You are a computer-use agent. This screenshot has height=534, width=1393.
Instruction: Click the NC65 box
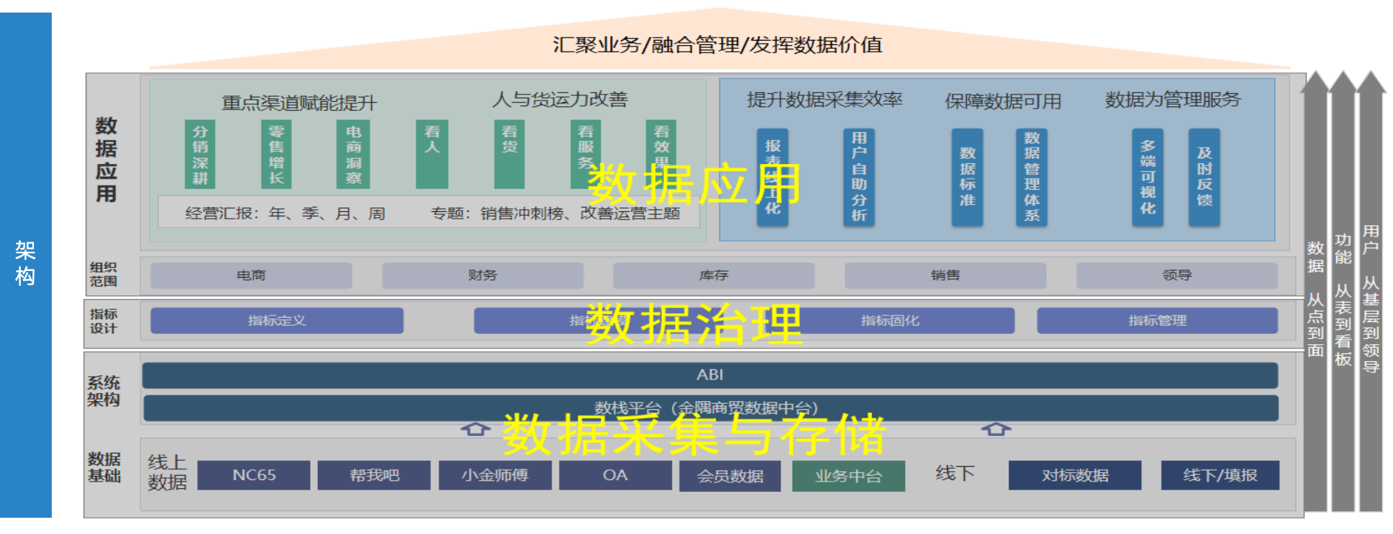(x=254, y=475)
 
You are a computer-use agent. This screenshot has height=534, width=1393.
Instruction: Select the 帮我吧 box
(x=374, y=475)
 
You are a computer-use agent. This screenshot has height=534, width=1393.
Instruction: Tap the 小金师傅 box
(x=495, y=475)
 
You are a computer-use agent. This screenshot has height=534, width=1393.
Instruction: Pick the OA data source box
(x=615, y=475)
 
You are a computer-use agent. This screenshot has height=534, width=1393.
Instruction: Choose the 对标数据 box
(x=1075, y=475)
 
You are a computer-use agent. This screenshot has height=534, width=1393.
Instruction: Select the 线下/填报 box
(x=1220, y=475)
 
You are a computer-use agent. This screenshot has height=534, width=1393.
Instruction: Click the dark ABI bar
(x=710, y=375)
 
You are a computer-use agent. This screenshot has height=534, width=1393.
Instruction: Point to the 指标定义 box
(x=277, y=321)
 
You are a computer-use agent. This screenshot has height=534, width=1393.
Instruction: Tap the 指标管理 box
(x=1157, y=321)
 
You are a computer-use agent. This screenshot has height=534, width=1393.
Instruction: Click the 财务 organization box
(x=482, y=275)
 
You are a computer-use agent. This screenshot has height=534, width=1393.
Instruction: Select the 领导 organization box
(x=1177, y=275)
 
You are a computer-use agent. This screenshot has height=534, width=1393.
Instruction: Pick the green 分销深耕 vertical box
(x=200, y=154)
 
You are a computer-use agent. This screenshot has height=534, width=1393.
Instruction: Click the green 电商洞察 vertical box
(x=353, y=154)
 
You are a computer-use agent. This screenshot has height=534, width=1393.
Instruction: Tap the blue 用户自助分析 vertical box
(x=858, y=177)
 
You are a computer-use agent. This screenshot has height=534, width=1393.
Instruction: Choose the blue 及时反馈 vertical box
(x=1204, y=177)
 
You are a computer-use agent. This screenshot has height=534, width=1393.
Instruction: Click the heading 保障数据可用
(x=1003, y=101)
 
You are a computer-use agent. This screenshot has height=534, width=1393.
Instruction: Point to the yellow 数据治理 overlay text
(x=694, y=324)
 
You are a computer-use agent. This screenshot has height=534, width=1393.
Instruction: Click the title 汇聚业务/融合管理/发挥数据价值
(x=717, y=45)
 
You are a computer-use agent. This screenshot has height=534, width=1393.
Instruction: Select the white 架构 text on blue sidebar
(x=25, y=263)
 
